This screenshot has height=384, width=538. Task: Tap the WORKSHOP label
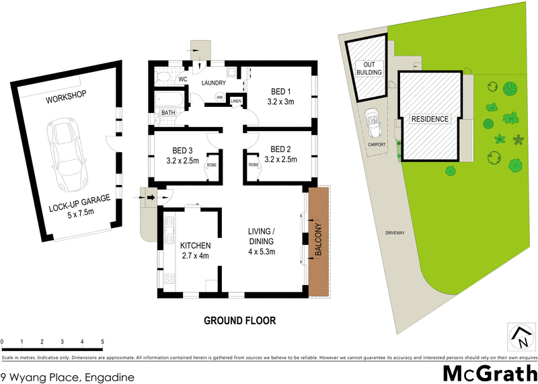[x=67, y=98]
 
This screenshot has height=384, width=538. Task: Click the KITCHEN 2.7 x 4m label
[x=195, y=250]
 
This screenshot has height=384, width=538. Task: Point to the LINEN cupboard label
[x=236, y=102]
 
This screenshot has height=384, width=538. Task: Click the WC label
[x=182, y=79]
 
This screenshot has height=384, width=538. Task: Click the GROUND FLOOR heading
[x=239, y=321]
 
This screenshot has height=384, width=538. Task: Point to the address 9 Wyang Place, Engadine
[x=67, y=377]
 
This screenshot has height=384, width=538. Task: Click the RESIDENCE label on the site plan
[x=429, y=119]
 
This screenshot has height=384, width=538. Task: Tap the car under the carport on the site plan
[x=372, y=122]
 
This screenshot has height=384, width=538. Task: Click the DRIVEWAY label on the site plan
[x=395, y=232]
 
